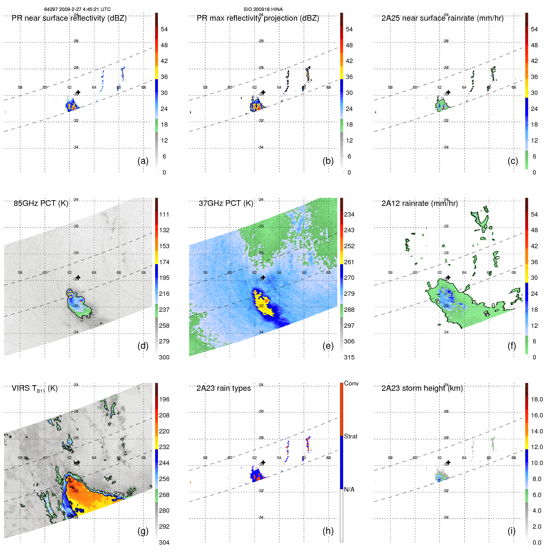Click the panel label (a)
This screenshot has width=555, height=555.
pos(143,161)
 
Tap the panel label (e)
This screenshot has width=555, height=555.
pos(328,346)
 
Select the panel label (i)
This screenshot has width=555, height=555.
pos(511,531)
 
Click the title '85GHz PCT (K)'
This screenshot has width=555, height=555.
pos(41,203)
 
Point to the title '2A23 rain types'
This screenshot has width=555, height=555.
pos(223,388)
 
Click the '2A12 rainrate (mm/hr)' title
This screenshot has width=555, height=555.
pos(419,203)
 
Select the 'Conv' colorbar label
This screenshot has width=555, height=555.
pos(351,383)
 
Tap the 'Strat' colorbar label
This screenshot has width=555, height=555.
pos(350,436)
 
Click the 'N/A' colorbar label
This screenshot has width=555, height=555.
pos(349,490)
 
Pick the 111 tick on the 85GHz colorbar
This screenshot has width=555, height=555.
pos(164,214)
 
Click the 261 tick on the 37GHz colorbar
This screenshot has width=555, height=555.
pos(349,262)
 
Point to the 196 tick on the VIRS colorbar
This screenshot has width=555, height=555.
pos(164,399)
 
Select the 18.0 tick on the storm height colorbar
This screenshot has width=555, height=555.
pos(537,399)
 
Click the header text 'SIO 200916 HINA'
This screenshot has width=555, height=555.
pos(263,9)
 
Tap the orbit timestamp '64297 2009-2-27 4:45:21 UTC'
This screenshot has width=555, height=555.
pos(77,9)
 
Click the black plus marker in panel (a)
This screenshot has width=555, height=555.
pos(78,92)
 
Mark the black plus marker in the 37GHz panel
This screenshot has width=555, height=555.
pos(263,277)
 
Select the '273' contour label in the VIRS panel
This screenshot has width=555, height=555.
pos(119,494)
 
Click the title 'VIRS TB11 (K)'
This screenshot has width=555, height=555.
pos(34,389)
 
